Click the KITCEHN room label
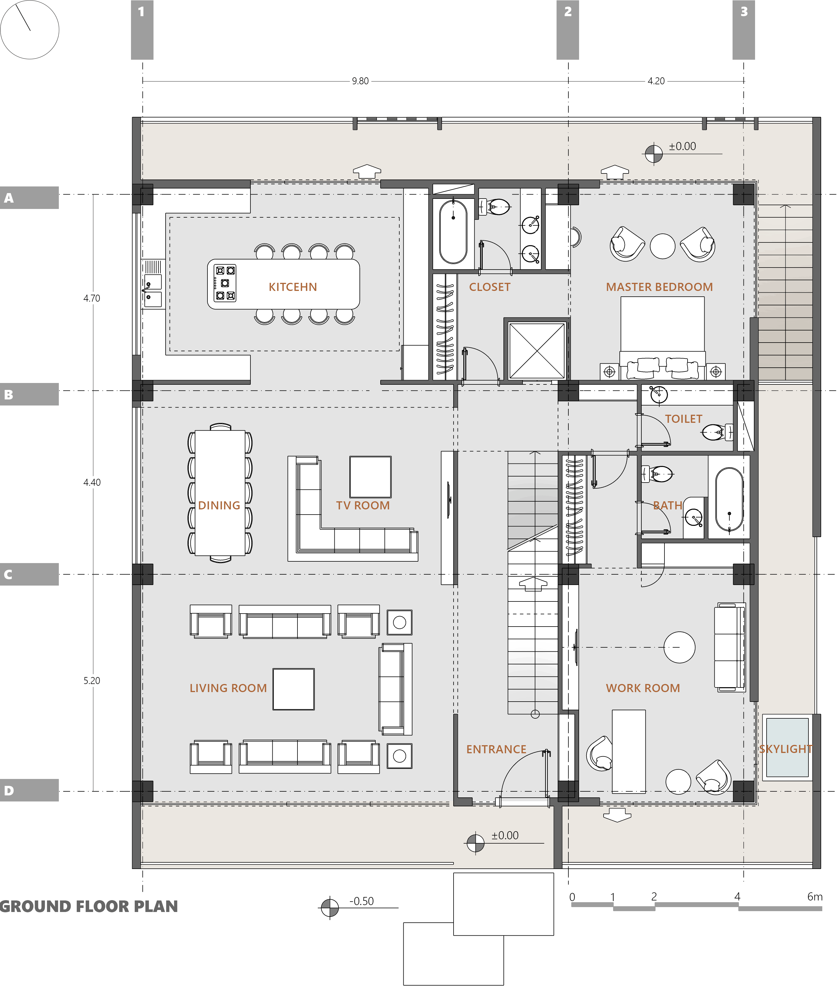click(293, 287)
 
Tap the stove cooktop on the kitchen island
click(225, 283)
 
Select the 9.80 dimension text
click(360, 81)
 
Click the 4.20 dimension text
click(656, 81)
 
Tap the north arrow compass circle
click(29, 29)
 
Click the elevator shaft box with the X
click(537, 351)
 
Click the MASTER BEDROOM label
click(659, 287)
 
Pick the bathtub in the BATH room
click(729, 499)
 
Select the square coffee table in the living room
click(293, 689)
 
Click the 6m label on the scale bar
click(815, 897)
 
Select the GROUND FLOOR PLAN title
click(89, 906)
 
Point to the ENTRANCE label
click(496, 750)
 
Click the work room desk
click(628, 751)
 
